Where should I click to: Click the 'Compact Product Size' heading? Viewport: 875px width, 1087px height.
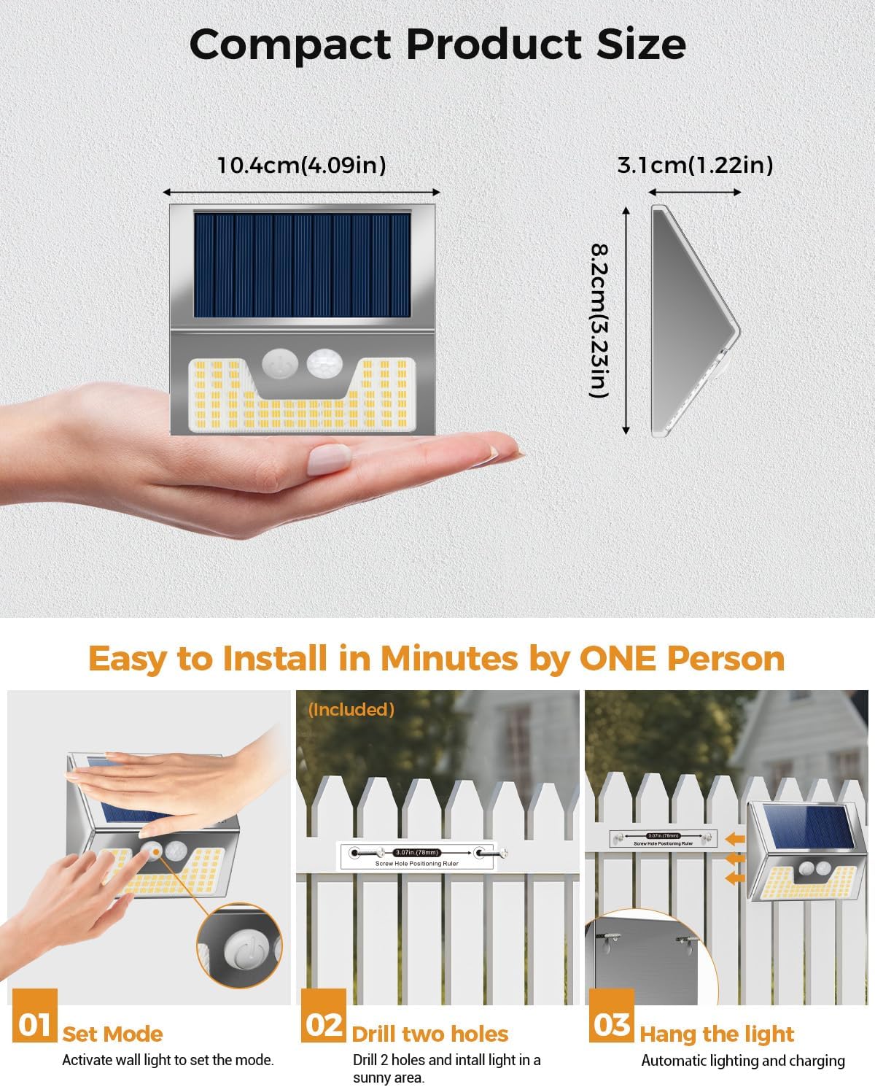click(x=437, y=45)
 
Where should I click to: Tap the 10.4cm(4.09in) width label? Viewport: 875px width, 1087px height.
click(x=302, y=166)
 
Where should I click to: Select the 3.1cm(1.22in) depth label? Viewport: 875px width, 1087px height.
click(x=695, y=166)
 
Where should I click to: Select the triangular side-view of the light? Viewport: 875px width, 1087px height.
click(x=693, y=321)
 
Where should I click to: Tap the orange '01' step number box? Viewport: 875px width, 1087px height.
click(x=34, y=1024)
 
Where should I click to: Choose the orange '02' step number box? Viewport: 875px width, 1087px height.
click(x=324, y=1024)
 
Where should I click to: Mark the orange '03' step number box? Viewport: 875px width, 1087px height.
click(x=612, y=1024)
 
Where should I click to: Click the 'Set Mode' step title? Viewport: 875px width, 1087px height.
click(x=112, y=1034)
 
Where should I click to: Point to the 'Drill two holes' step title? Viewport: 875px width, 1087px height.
click(x=429, y=1034)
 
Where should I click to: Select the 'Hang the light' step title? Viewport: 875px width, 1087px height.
click(x=717, y=1034)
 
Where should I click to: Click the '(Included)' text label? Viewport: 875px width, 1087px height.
click(x=351, y=709)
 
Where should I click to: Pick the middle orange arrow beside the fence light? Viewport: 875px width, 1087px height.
click(x=735, y=859)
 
